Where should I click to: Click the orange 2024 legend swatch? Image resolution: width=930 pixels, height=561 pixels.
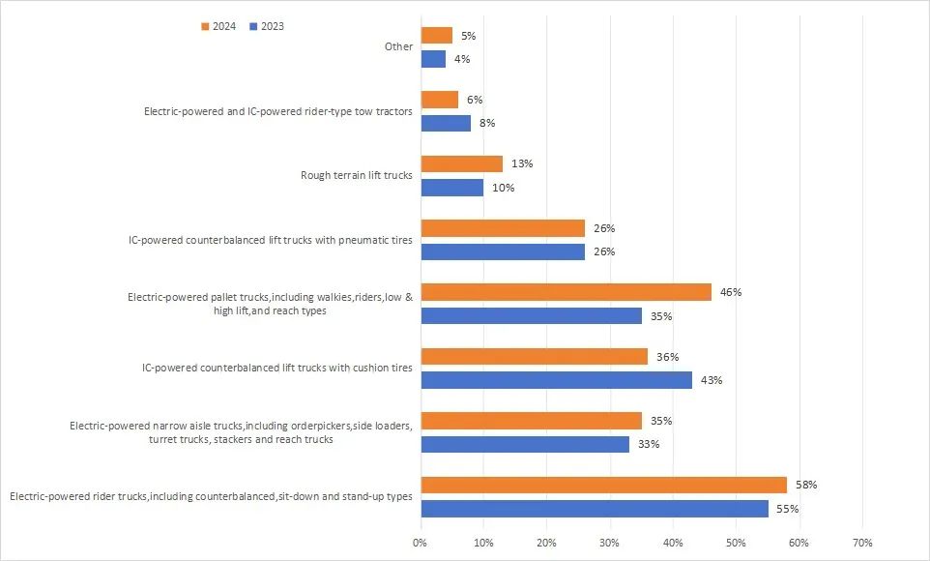[204, 27]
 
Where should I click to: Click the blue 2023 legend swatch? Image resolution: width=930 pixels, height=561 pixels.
[253, 27]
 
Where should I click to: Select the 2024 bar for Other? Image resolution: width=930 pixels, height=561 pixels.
[436, 36]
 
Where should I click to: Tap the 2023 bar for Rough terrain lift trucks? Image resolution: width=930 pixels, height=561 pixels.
[451, 188]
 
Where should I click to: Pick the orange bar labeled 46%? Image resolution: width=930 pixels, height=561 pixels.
[566, 292]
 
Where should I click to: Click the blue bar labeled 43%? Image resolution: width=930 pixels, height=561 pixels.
[556, 380]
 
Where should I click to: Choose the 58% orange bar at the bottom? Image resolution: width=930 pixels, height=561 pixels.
[603, 485]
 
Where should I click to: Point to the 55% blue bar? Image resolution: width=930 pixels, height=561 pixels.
[595, 509]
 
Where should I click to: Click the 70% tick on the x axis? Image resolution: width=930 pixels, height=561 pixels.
[862, 543]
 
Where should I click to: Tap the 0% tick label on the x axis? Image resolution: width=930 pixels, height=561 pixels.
[420, 543]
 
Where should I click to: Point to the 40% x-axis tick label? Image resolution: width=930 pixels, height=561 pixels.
[673, 543]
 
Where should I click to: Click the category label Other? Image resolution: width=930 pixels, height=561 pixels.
[398, 46]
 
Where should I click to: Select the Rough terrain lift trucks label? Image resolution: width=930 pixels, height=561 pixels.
[357, 175]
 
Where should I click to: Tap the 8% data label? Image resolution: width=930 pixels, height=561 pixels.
[487, 124]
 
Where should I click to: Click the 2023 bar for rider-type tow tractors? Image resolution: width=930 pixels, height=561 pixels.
[446, 123]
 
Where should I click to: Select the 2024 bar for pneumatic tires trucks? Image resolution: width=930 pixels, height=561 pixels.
[503, 228]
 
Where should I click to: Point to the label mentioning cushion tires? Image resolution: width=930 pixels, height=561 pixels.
[276, 368]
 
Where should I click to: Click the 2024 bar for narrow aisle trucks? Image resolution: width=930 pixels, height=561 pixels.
[531, 421]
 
